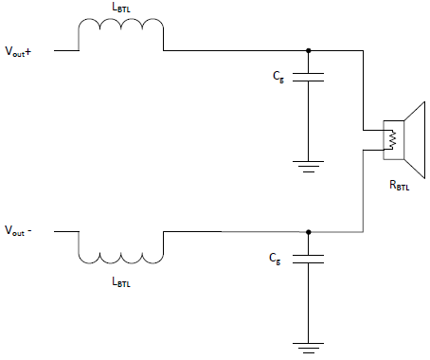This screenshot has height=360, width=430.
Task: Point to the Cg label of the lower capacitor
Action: [x=276, y=258]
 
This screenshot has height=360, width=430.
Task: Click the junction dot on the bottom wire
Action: [x=308, y=231]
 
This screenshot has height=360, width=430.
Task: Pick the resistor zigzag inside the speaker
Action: [x=388, y=139]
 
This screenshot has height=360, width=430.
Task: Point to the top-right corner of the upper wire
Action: [x=364, y=51]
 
